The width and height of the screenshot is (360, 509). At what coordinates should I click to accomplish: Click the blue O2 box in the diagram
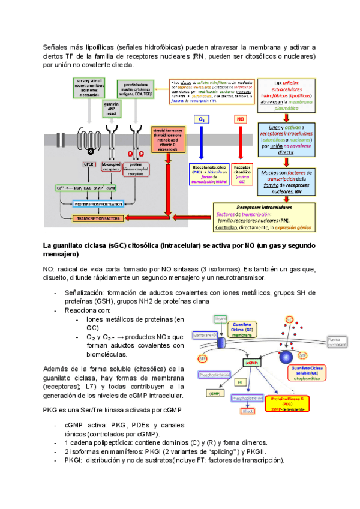pos(202,120)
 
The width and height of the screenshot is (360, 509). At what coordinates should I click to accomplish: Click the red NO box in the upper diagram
pos(241,120)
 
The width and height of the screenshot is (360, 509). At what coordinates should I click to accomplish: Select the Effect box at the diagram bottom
pos(247,411)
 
